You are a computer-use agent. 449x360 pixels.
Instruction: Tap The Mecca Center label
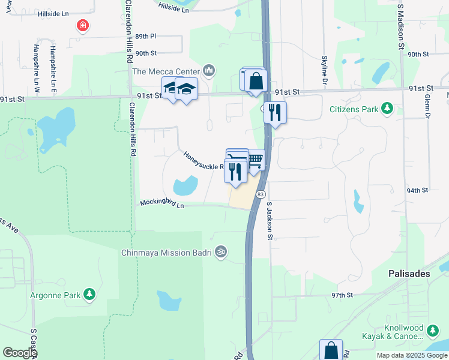click(166, 71)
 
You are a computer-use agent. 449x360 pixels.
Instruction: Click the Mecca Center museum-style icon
click(209, 71)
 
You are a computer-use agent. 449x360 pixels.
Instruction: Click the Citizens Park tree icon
click(388, 108)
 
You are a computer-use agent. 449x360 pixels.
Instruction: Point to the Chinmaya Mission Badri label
click(167, 253)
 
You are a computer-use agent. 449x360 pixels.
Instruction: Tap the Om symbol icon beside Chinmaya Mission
click(221, 252)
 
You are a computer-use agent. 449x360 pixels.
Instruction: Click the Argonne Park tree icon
click(89, 294)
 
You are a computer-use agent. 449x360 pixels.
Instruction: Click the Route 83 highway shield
click(261, 194)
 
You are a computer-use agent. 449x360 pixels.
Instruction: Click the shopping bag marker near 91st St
click(256, 80)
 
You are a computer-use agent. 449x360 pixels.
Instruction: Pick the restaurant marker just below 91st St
click(274, 112)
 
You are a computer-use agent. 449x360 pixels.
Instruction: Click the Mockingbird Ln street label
click(161, 205)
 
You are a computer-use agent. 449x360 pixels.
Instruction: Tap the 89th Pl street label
click(145, 36)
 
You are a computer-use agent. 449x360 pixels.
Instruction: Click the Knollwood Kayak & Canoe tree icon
click(433, 329)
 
